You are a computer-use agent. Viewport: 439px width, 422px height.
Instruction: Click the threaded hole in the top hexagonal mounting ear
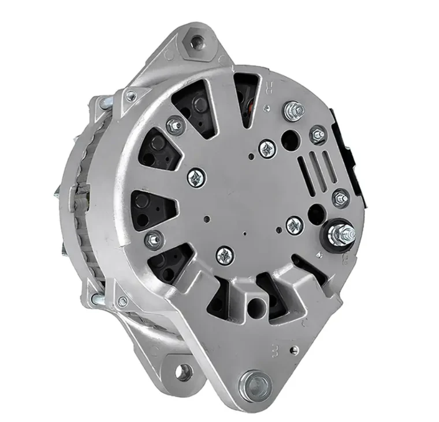coord(196,41)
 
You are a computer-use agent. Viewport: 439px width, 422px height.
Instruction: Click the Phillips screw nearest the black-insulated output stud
coord(294,225)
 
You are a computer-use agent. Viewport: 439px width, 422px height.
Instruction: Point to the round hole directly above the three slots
coord(290,139)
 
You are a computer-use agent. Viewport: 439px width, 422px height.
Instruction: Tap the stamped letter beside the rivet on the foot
coord(275,350)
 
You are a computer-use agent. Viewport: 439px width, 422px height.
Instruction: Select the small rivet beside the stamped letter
coord(294,350)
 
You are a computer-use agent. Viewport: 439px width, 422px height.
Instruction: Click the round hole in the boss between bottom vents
coord(255,307)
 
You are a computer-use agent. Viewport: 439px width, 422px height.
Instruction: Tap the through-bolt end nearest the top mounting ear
coord(131,96)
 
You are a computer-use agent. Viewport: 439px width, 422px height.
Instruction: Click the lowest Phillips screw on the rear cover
coord(224,255)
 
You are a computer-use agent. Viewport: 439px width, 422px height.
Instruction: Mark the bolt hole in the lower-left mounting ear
coord(182,372)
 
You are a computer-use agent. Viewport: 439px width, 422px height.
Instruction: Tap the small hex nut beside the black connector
coord(318,135)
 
